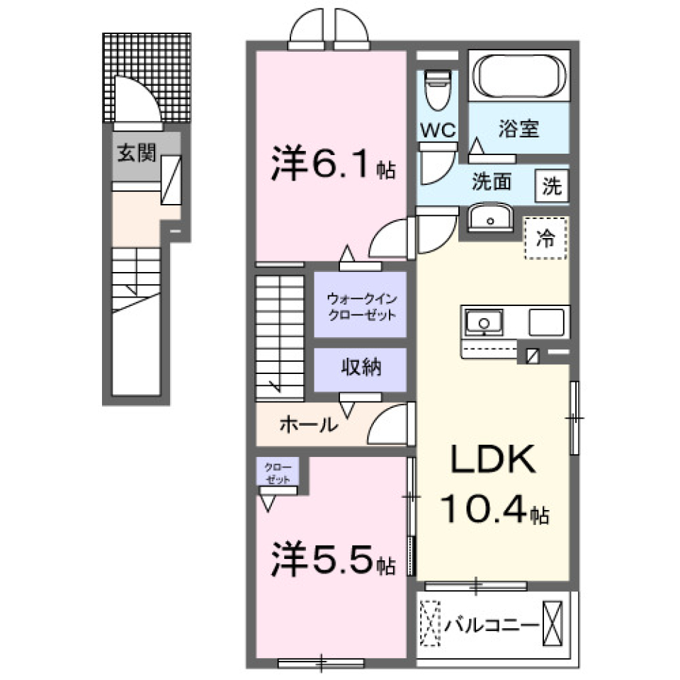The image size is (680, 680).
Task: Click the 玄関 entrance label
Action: (137, 152)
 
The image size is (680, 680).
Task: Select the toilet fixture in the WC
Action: (438, 90)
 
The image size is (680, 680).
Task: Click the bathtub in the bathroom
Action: (521, 74)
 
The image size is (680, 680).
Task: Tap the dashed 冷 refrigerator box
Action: (545, 239)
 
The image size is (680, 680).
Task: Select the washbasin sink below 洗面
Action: (489, 219)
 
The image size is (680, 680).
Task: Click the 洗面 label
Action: (492, 183)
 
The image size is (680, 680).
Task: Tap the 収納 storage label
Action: (361, 368)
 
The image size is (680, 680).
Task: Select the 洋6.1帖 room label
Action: (332, 166)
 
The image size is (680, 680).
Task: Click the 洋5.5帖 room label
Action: (332, 561)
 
